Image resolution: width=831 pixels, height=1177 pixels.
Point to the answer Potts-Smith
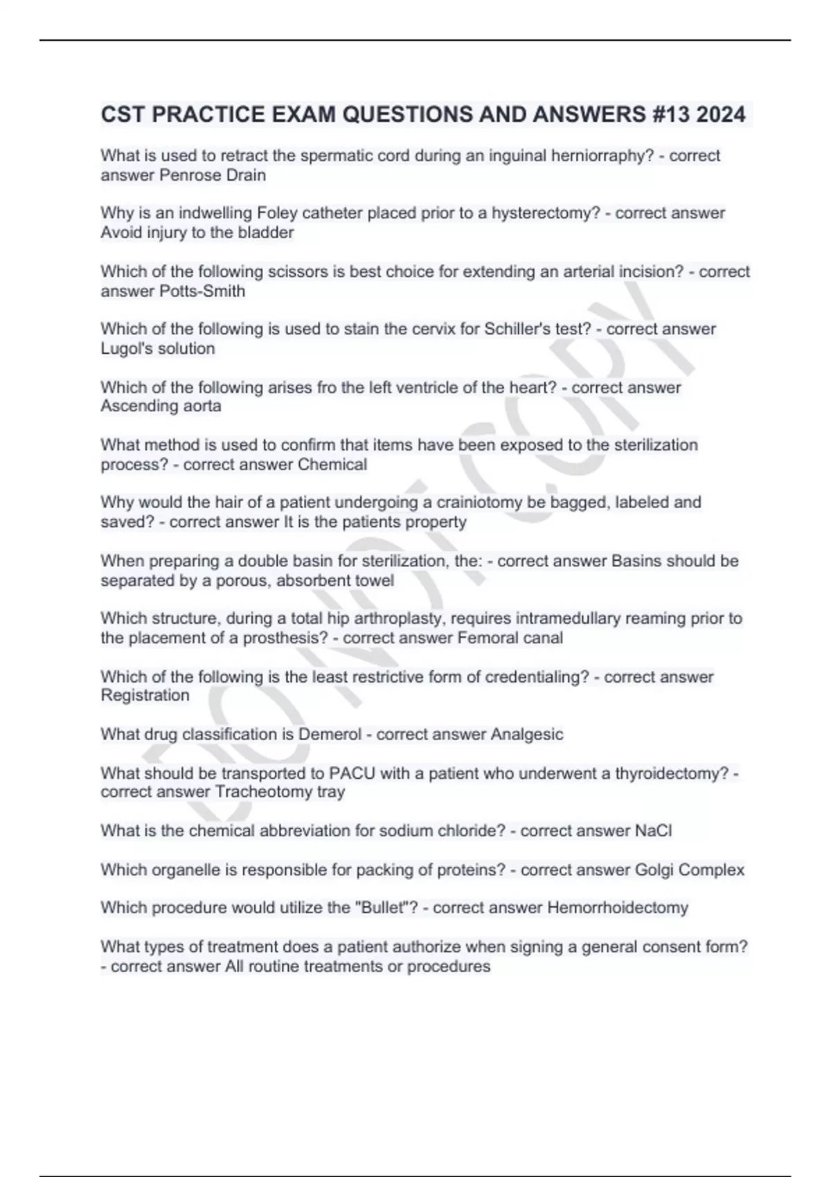(x=202, y=291)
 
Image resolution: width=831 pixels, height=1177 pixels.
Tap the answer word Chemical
(x=332, y=464)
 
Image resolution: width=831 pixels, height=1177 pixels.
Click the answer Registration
(x=145, y=695)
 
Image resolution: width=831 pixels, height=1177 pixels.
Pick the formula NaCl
(x=653, y=830)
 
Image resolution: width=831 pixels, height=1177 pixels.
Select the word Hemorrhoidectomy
(x=617, y=908)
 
